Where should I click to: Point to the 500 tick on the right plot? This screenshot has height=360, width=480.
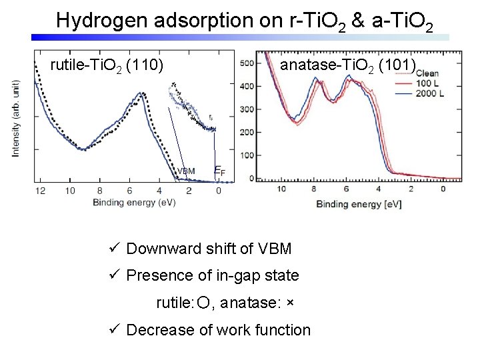click(246, 63)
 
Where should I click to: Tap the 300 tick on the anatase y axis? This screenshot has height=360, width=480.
click(246, 109)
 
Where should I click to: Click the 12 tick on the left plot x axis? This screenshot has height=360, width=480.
click(40, 191)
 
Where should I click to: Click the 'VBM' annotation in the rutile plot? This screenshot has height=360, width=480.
click(186, 171)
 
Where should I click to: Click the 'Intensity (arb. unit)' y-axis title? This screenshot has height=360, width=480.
click(16, 119)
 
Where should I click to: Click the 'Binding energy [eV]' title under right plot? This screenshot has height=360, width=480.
click(359, 203)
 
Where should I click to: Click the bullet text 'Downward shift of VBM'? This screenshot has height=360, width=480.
click(209, 249)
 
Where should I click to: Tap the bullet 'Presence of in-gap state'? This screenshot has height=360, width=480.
click(212, 275)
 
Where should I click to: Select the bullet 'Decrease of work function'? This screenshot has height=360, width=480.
click(218, 330)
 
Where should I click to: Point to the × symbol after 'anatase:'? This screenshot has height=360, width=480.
click(289, 303)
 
